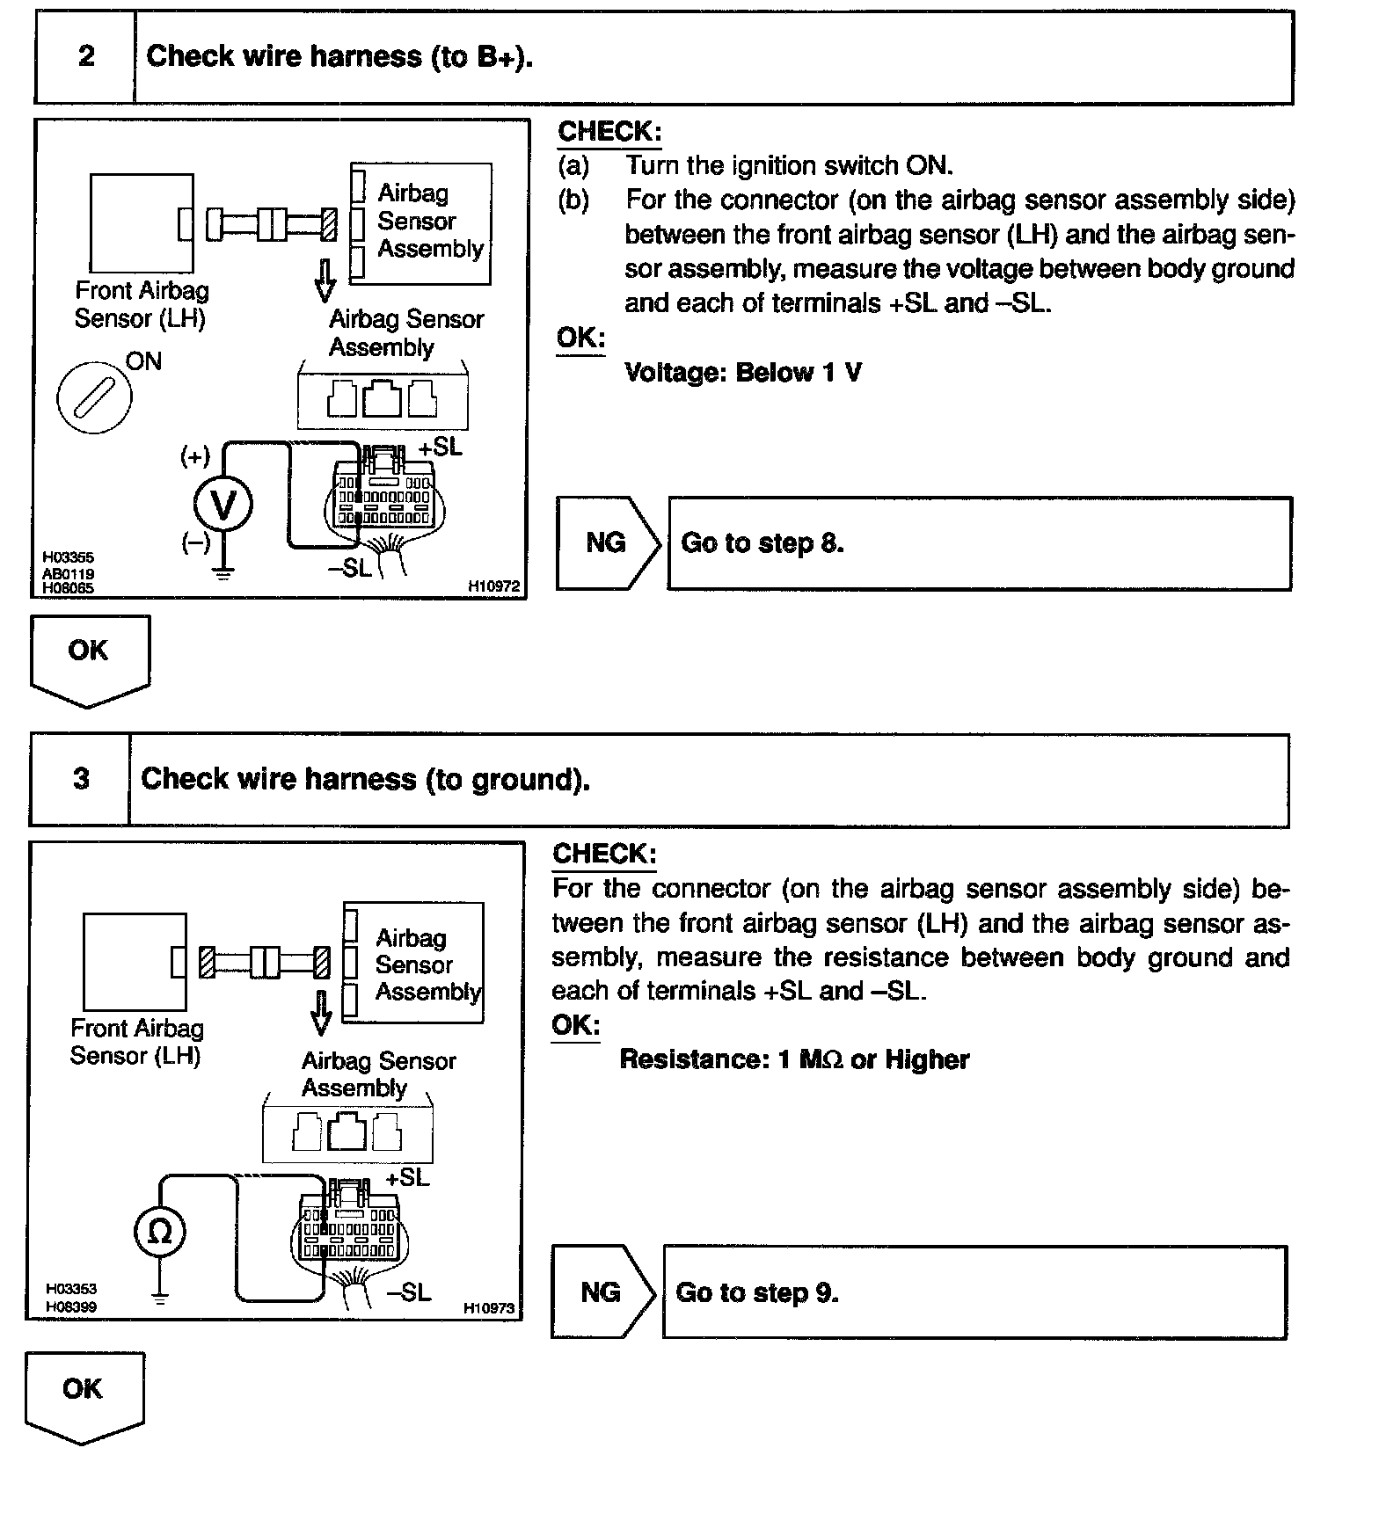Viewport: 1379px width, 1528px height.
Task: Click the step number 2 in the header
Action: (86, 57)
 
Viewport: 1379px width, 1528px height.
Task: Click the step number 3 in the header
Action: (81, 779)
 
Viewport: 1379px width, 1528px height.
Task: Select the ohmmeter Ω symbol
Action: (159, 1231)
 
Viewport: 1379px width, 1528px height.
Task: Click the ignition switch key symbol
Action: (94, 397)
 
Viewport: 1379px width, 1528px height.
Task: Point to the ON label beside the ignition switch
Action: (143, 361)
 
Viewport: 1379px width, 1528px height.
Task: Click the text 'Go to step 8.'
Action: (762, 543)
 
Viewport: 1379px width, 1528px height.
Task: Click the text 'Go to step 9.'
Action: (756, 1292)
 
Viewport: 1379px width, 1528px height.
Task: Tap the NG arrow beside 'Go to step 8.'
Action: (608, 543)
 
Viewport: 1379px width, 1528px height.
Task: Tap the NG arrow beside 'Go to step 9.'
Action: (602, 1292)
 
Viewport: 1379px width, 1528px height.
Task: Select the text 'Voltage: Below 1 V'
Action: (743, 373)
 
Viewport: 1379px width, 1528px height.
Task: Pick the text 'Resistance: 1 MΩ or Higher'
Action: (794, 1059)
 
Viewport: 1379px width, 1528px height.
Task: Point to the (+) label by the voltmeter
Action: (195, 456)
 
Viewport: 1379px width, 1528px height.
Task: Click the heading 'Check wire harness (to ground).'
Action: (365, 779)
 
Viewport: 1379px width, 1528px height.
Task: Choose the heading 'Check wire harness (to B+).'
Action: (339, 57)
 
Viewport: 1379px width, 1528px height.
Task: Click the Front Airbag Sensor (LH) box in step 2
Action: (142, 223)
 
